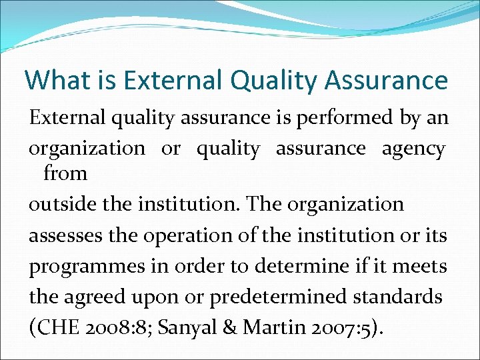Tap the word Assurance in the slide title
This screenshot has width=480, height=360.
point(387,80)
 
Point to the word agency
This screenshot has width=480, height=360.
point(413,149)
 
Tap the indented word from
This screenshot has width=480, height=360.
point(65,174)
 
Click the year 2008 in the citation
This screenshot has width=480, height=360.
point(106,327)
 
